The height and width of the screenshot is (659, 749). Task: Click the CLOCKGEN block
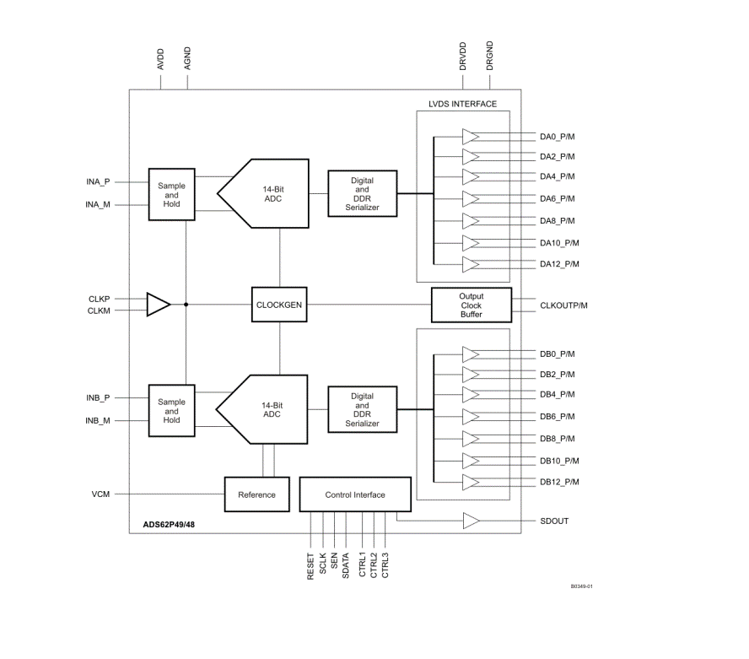click(x=279, y=305)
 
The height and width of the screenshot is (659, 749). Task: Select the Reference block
click(x=257, y=494)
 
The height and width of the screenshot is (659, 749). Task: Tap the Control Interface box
click(x=355, y=494)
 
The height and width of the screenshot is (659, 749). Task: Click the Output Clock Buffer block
click(x=471, y=305)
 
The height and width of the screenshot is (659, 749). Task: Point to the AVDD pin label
click(x=160, y=59)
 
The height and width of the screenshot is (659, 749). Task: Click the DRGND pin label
click(x=489, y=56)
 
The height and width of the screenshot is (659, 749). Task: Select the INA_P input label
click(x=98, y=181)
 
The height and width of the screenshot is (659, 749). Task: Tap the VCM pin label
click(x=100, y=494)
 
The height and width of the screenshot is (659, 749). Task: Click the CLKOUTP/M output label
click(x=563, y=305)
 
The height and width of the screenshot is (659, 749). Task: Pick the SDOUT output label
click(x=554, y=521)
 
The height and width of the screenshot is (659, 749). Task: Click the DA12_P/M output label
click(x=559, y=264)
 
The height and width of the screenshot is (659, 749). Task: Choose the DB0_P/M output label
click(x=558, y=354)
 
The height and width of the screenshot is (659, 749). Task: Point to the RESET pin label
click(x=310, y=567)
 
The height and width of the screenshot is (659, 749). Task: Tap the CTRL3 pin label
click(x=385, y=565)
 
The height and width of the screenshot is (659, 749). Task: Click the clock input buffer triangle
click(x=159, y=305)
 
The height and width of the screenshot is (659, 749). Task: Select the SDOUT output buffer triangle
click(x=471, y=521)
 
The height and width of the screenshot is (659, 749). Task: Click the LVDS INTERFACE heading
click(x=462, y=104)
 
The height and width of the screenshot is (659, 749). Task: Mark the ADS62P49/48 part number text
click(x=169, y=524)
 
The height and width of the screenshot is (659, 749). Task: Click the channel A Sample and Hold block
click(x=171, y=194)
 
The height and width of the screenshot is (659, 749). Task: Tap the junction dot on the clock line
click(x=186, y=305)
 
